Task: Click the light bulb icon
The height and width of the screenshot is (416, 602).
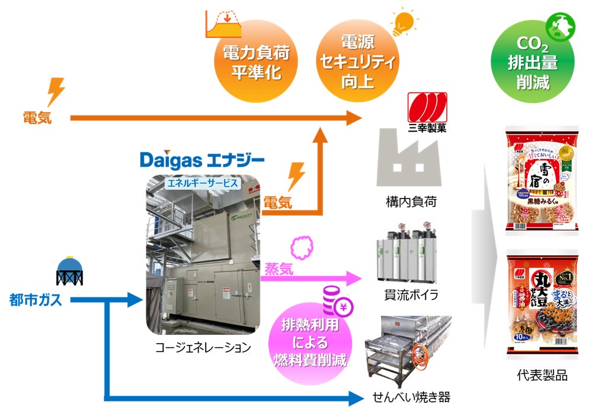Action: point(402,23)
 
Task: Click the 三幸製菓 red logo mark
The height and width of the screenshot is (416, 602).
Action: point(426,107)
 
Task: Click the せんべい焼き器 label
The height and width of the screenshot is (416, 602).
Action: point(411,397)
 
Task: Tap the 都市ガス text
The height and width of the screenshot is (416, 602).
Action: point(36,300)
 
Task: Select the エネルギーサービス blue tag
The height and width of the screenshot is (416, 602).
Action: point(203,183)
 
